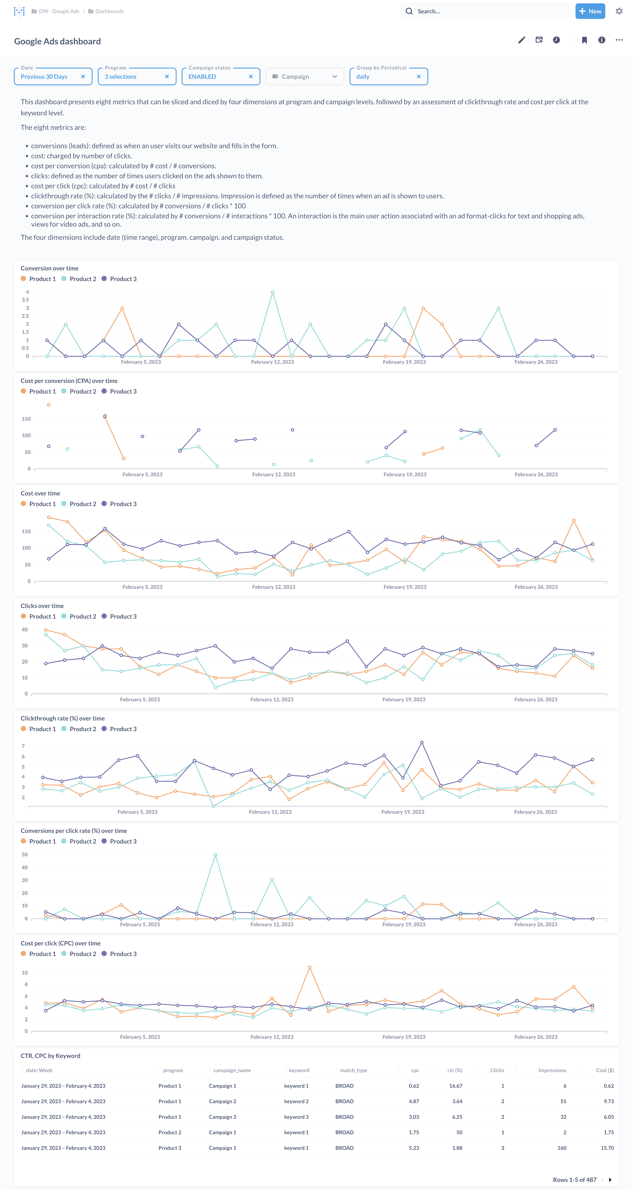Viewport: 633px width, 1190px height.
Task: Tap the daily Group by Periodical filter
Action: pos(384,77)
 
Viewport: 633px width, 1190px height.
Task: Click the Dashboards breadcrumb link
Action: pos(110,11)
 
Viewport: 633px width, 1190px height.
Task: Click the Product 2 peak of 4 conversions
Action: pos(273,292)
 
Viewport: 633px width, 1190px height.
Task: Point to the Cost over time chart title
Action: pos(40,493)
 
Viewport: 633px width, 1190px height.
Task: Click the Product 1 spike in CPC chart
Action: pos(310,967)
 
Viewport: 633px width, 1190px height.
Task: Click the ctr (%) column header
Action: pos(455,1070)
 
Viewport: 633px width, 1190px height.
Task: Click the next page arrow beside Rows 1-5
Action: pos(610,1179)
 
